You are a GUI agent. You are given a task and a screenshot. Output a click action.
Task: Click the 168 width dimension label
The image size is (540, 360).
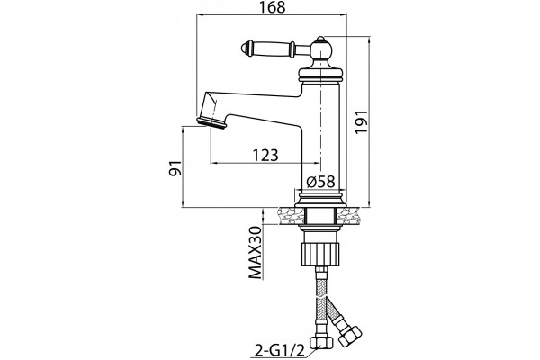[x=273, y=7]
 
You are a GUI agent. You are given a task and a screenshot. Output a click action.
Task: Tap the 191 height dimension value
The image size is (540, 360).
[x=362, y=123]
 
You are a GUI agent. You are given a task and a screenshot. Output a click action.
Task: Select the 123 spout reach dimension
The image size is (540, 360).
[x=265, y=156]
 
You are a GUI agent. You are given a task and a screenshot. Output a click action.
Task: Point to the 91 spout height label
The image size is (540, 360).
[x=175, y=168]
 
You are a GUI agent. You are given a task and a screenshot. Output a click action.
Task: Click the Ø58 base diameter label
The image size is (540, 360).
[x=320, y=182]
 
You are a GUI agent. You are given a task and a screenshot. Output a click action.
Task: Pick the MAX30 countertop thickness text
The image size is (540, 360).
[x=256, y=253]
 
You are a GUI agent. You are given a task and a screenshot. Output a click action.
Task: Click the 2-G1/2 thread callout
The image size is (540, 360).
[x=280, y=351]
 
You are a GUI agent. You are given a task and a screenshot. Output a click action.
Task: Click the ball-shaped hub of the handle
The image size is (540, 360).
[x=321, y=51]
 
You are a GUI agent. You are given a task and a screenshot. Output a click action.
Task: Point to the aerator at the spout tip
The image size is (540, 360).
[x=211, y=123]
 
